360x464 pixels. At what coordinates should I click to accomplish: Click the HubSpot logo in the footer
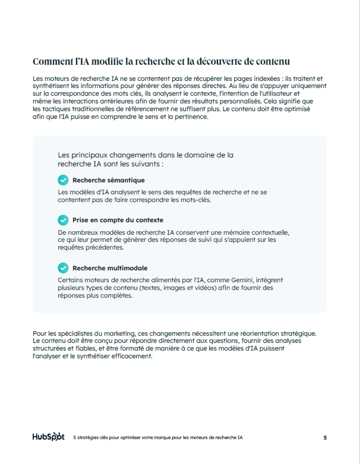pyautogui.click(x=48, y=437)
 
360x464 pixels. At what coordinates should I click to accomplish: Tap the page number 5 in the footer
pyautogui.click(x=325, y=438)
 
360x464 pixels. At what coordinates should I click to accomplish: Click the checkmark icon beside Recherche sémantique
pyautogui.click(x=63, y=180)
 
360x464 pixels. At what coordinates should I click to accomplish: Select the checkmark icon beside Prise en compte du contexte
pyautogui.click(x=63, y=220)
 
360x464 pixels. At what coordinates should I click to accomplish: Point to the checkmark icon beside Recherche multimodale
pyautogui.click(x=63, y=268)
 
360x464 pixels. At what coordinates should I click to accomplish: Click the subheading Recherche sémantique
pyautogui.click(x=108, y=180)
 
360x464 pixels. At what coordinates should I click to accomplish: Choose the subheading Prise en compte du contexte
pyautogui.click(x=118, y=220)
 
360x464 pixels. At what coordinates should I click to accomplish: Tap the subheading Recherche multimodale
pyautogui.click(x=110, y=268)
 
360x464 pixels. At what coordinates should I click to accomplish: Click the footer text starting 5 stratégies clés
pyautogui.click(x=158, y=438)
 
